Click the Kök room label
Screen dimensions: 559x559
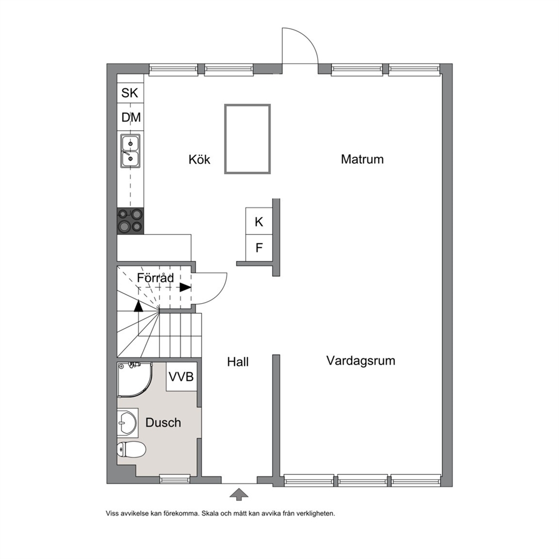click(199, 159)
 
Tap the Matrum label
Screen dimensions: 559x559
click(362, 159)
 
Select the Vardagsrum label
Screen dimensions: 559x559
click(361, 361)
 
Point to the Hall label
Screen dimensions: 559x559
click(238, 362)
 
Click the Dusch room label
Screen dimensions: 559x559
click(163, 423)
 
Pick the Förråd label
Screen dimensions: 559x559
click(156, 277)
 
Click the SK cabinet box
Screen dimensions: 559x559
click(131, 93)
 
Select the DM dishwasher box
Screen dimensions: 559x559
click(131, 117)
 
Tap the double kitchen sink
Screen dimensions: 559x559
click(130, 151)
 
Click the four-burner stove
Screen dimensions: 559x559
click(131, 221)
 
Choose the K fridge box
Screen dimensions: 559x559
click(259, 221)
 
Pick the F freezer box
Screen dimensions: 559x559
click(259, 248)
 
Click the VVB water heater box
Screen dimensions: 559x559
click(181, 376)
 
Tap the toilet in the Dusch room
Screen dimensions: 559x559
click(131, 450)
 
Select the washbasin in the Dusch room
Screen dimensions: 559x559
click(127, 423)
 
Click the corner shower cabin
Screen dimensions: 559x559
click(135, 380)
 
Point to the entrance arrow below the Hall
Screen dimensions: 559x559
click(239, 494)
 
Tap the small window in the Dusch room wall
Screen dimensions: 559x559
click(175, 479)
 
